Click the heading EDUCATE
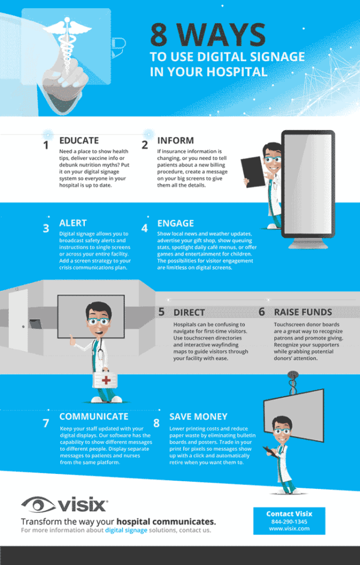click(x=79, y=141)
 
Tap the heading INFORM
click(x=175, y=141)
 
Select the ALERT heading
click(x=73, y=223)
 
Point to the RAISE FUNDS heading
click(x=303, y=312)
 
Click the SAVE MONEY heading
click(x=198, y=417)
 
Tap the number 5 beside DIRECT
click(x=162, y=312)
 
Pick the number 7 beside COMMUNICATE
click(x=46, y=424)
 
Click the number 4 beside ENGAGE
click(x=144, y=227)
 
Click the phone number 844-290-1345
click(x=289, y=521)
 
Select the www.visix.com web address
click(x=289, y=529)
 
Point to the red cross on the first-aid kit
click(x=106, y=380)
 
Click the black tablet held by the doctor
click(x=254, y=172)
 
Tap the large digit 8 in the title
click(x=160, y=36)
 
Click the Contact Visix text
click(x=289, y=514)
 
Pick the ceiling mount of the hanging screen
click(x=293, y=381)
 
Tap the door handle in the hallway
click(x=23, y=326)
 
